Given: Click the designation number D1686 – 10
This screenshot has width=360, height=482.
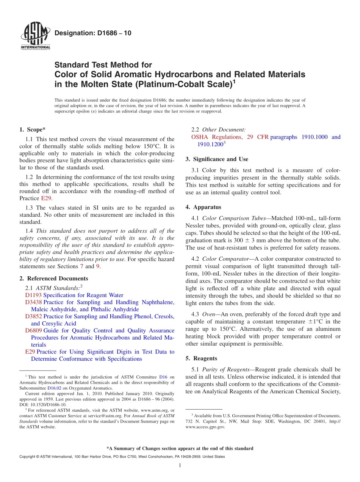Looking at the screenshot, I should coord(93,33).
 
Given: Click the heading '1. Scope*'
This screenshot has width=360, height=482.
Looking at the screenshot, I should coord(32,130).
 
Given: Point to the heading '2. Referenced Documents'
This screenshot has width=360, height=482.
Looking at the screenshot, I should coord(53,279).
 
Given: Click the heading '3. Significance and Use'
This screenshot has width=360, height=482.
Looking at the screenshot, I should coord(217,159).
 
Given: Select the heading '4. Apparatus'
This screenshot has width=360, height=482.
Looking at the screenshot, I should coord(203,207).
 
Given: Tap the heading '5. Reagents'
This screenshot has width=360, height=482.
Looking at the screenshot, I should coord(201,358).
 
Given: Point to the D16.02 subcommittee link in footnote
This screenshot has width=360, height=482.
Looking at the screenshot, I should coord(53,388).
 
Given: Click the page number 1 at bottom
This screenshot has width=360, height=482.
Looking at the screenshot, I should coord(180,466).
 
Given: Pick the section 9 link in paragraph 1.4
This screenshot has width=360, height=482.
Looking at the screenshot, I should coord(97,266).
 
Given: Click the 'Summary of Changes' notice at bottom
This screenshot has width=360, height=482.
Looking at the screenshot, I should coord(180,448).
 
